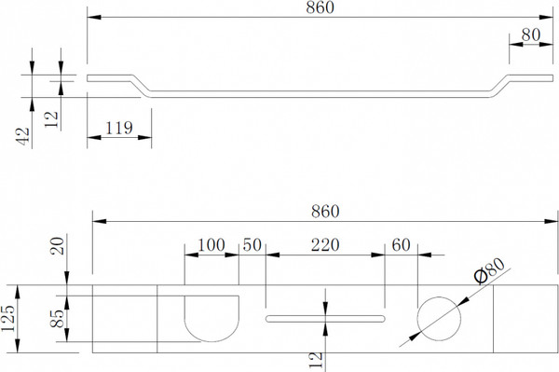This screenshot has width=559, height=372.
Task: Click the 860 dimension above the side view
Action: (320, 7)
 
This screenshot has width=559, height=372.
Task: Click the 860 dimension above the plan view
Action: (325, 212)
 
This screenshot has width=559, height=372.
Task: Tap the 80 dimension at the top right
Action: (531, 34)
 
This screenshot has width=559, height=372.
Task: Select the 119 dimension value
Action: (119, 128)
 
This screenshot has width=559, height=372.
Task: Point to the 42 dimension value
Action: (22, 136)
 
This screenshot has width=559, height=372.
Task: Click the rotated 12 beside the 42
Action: (51, 119)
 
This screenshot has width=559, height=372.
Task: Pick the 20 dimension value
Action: (58, 246)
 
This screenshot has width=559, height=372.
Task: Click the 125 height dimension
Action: (7, 319)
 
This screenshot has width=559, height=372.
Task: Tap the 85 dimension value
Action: (57, 319)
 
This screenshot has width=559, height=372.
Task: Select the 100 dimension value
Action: (211, 245)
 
